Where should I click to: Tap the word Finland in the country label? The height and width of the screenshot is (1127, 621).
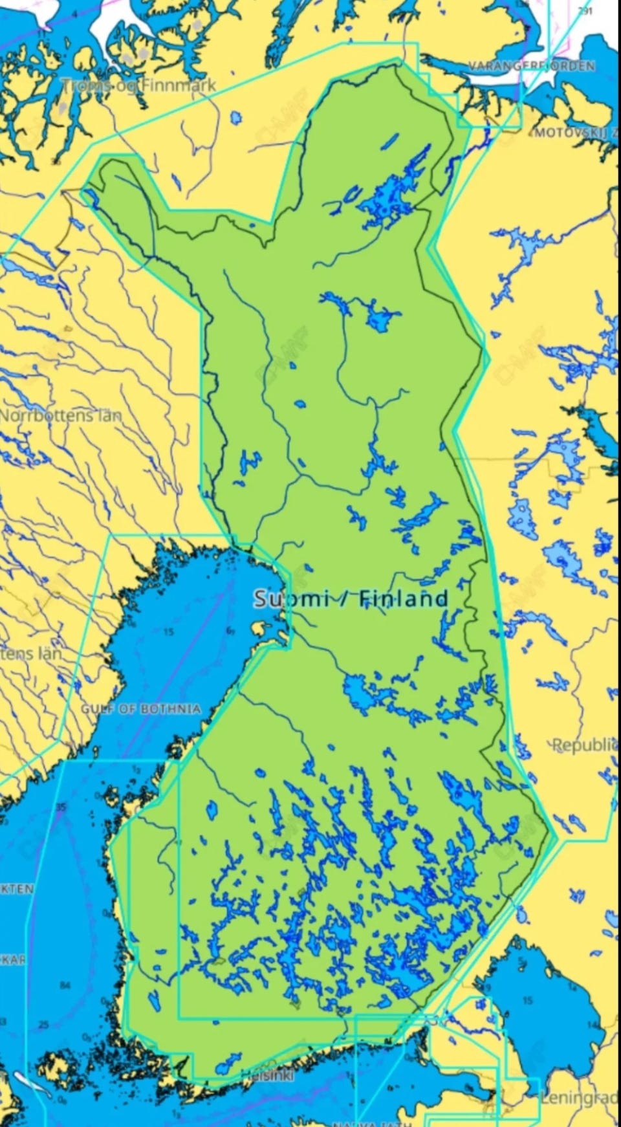pyautogui.click(x=403, y=598)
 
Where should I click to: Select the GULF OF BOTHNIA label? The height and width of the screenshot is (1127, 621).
pyautogui.click(x=140, y=709)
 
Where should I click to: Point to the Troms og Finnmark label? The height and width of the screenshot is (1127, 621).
pyautogui.click(x=138, y=85)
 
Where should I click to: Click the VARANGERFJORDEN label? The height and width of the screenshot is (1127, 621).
pyautogui.click(x=532, y=66)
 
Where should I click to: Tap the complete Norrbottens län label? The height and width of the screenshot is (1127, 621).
pyautogui.click(x=60, y=415)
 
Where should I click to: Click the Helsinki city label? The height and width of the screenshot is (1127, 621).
pyautogui.click(x=267, y=1075)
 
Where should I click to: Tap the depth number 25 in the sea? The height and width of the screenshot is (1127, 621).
pyautogui.click(x=43, y=1024)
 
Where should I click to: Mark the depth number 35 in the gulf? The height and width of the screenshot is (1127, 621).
pyautogui.click(x=61, y=807)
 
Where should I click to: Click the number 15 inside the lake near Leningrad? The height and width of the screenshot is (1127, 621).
pyautogui.click(x=528, y=1001)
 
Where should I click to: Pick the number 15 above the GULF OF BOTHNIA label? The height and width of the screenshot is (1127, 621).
pyautogui.click(x=168, y=632)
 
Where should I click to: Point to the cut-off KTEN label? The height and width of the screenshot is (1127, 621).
pyautogui.click(x=16, y=890)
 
